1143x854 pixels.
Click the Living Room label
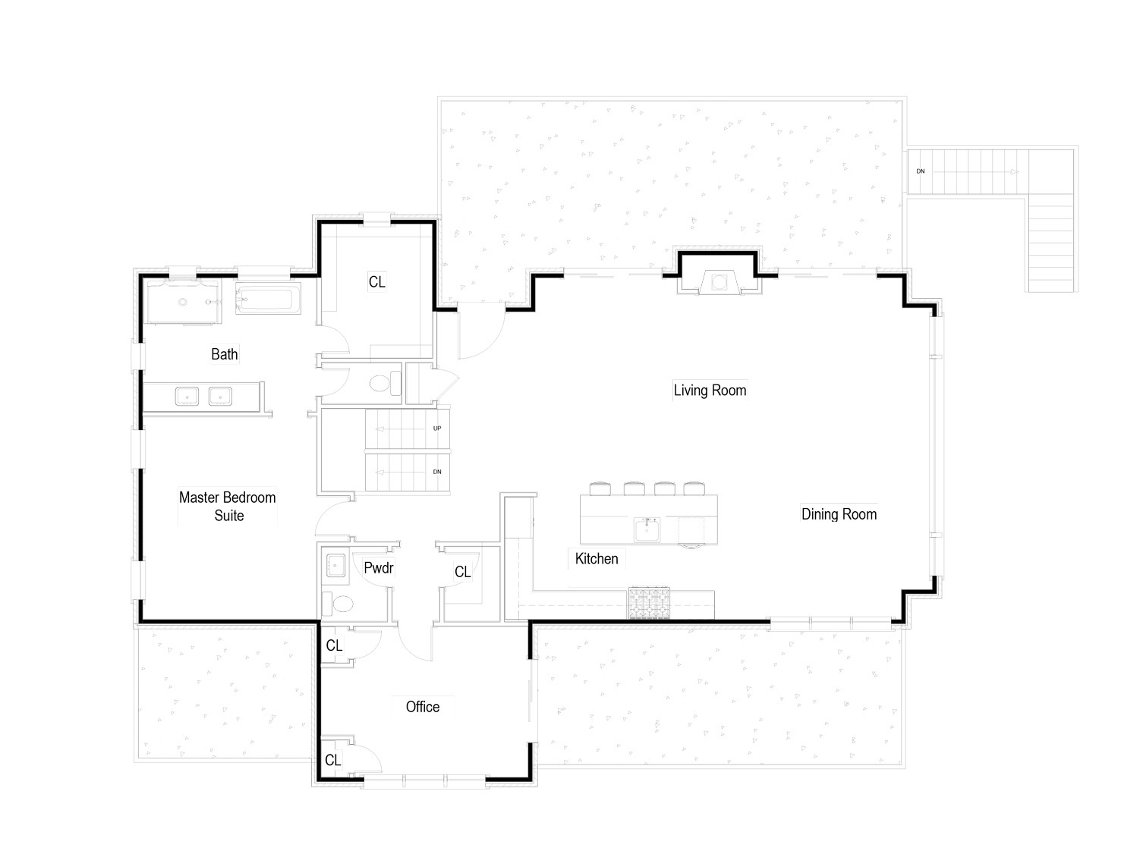pyautogui.click(x=710, y=391)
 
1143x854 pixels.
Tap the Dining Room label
pyautogui.click(x=839, y=514)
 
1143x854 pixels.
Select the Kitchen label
pyautogui.click(x=597, y=559)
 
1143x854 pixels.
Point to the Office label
pyautogui.click(x=422, y=707)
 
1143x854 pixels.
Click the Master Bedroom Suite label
pyautogui.click(x=228, y=507)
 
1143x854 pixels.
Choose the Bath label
pyautogui.click(x=225, y=354)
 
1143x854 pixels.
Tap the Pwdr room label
pyautogui.click(x=379, y=568)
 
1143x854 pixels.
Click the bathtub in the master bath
pyautogui.click(x=268, y=299)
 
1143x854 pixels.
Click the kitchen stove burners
pyautogui.click(x=649, y=603)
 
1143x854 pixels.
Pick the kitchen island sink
pyautogui.click(x=646, y=530)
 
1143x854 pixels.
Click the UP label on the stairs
pyautogui.click(x=437, y=429)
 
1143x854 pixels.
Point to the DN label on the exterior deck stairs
pyautogui.click(x=921, y=171)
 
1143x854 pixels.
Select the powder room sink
pyautogui.click(x=336, y=566)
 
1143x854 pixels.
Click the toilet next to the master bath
pyautogui.click(x=385, y=384)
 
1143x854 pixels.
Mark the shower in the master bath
pyautogui.click(x=183, y=302)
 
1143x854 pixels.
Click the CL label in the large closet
pyautogui.click(x=376, y=282)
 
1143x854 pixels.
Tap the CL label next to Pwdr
pyautogui.click(x=462, y=572)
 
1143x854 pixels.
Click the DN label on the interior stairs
pyautogui.click(x=437, y=472)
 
